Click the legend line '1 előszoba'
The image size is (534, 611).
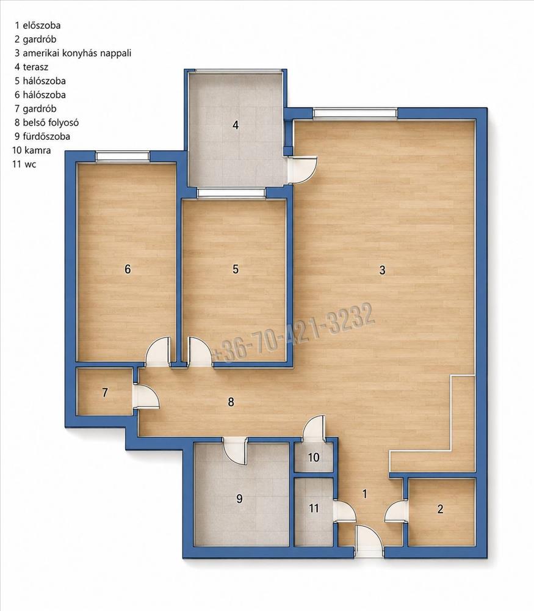(38, 26)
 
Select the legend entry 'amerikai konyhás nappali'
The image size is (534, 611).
(77, 53)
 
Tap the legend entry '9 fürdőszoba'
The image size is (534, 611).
(43, 136)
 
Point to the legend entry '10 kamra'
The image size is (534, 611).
(32, 150)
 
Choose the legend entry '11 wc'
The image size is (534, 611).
(24, 164)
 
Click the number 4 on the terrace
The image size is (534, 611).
(235, 125)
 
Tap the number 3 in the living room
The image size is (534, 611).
(382, 270)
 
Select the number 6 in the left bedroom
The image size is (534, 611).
(128, 269)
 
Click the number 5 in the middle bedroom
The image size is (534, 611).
(235, 269)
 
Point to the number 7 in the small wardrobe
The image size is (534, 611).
(105, 392)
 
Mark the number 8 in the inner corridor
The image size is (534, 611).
(231, 402)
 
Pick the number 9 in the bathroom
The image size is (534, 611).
(240, 499)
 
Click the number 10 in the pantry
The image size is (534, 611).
(314, 457)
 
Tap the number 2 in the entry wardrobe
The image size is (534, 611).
(440, 509)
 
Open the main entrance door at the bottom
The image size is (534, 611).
(369, 541)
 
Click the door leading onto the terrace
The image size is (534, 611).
(303, 170)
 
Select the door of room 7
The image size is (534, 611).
(146, 397)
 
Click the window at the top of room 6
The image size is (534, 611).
(123, 156)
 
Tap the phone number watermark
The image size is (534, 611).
(294, 333)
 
